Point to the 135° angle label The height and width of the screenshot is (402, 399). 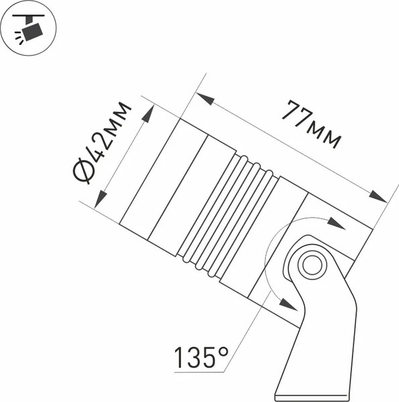[201, 358]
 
